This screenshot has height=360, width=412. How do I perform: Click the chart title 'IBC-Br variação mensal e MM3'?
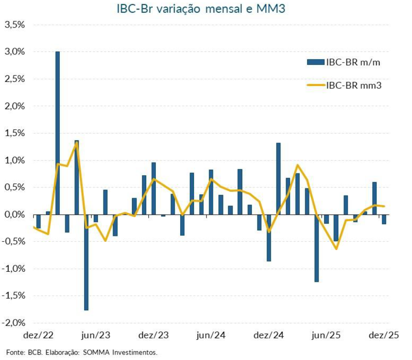tap(206, 9)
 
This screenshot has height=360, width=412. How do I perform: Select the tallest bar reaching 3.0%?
tap(57, 133)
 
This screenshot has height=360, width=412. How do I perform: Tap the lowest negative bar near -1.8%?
tap(86, 262)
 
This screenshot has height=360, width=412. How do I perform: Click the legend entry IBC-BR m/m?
tap(353, 62)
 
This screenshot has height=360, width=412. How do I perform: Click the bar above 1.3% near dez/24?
tap(278, 179)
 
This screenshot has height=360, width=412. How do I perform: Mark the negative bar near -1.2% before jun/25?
tap(317, 248)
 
